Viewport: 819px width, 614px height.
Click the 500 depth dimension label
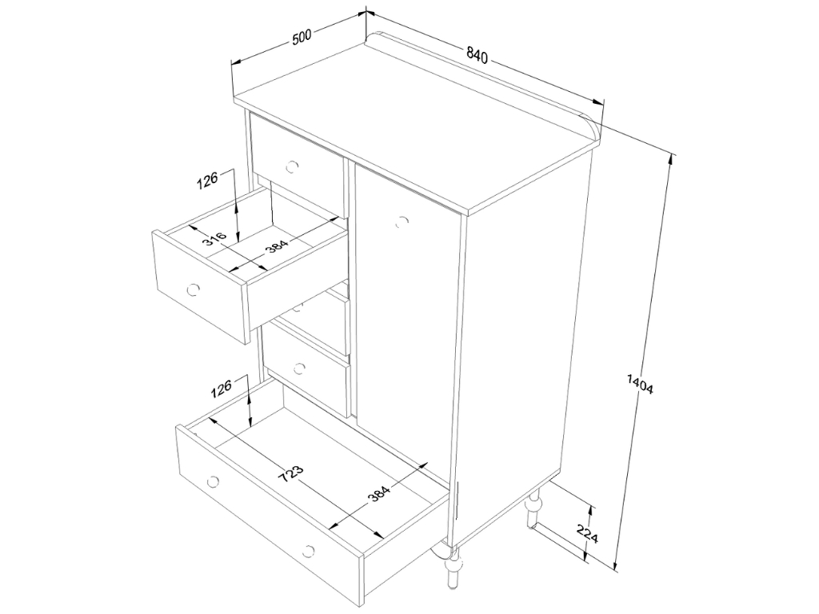pos(302,38)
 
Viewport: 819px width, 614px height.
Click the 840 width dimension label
pos(477,55)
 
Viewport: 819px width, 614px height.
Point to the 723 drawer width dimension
pos(290,474)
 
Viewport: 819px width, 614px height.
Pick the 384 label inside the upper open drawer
pos(276,245)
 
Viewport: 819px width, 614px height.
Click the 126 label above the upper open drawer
pos(207,181)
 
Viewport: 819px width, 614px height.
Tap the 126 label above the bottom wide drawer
pos(221,389)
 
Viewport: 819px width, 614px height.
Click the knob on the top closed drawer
pos(293,167)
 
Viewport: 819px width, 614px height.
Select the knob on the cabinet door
pos(402,221)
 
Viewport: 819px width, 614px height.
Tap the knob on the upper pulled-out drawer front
pos(194,289)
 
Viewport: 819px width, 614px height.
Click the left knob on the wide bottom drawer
pos(213,480)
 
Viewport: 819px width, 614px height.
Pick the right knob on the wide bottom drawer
pos(309,550)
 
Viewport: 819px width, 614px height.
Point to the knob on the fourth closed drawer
pos(299,369)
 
